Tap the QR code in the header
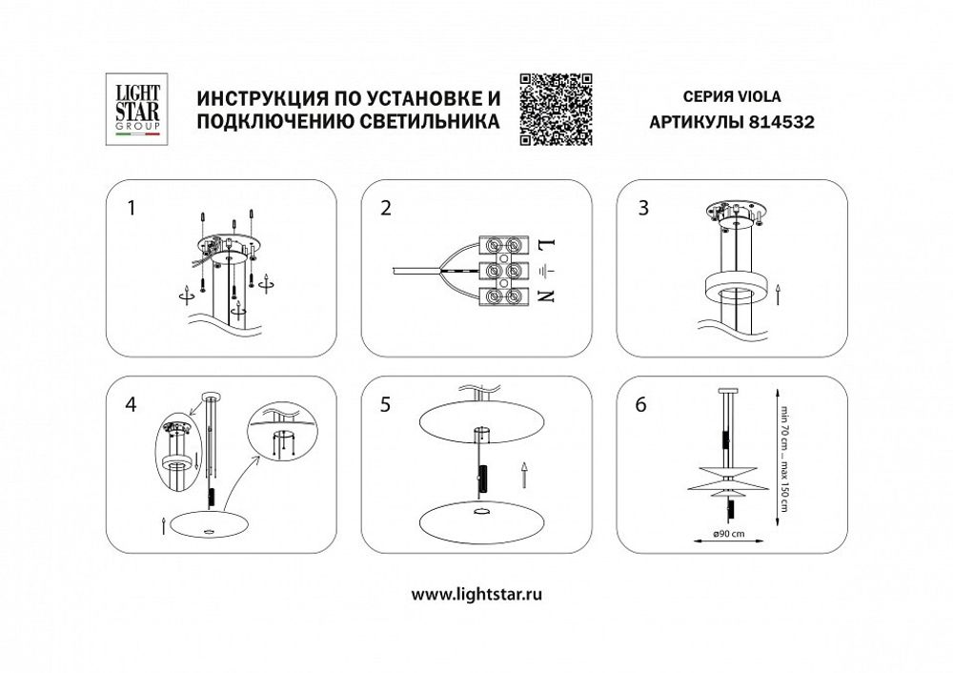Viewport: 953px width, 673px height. point(556,109)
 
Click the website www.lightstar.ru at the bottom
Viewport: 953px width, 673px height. point(476,594)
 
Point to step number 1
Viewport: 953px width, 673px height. point(132,209)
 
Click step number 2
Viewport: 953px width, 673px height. point(385,209)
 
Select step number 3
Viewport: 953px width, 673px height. point(644,209)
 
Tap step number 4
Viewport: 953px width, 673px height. point(132,404)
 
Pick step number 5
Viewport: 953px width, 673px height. point(385,404)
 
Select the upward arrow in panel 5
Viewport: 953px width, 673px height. point(523,473)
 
